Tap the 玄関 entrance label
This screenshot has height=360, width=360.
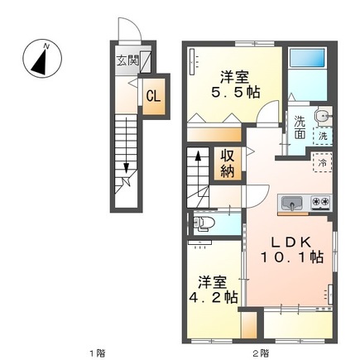(x=127, y=60)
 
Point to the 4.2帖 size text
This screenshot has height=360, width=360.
(x=209, y=296)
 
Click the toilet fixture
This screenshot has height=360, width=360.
(x=209, y=223)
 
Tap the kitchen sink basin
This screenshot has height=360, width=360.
(x=293, y=203)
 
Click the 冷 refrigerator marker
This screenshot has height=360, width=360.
(x=322, y=164)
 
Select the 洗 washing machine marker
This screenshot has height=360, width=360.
(x=323, y=135)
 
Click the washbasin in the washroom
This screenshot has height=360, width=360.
(x=321, y=115)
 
